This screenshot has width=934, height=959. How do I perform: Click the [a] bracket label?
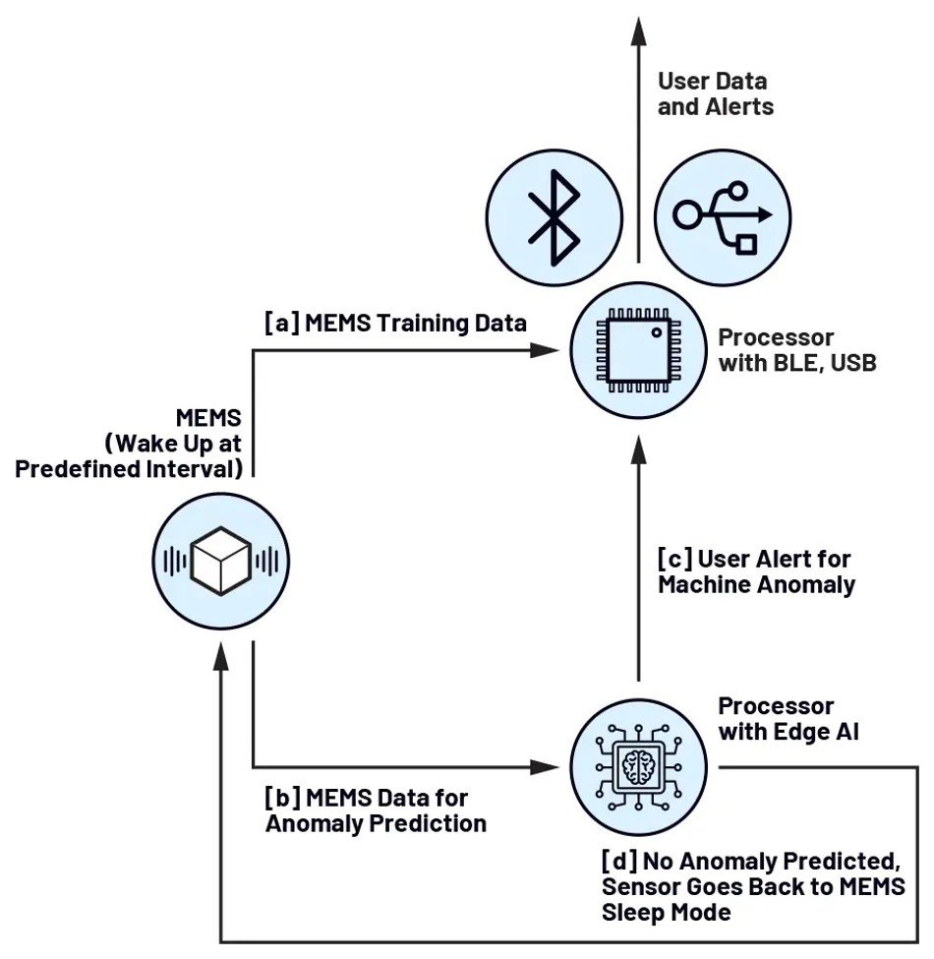click(x=282, y=323)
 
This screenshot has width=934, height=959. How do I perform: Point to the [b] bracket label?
click(x=282, y=796)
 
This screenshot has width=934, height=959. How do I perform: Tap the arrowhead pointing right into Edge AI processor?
click(x=542, y=765)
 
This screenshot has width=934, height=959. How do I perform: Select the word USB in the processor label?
click(x=851, y=363)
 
